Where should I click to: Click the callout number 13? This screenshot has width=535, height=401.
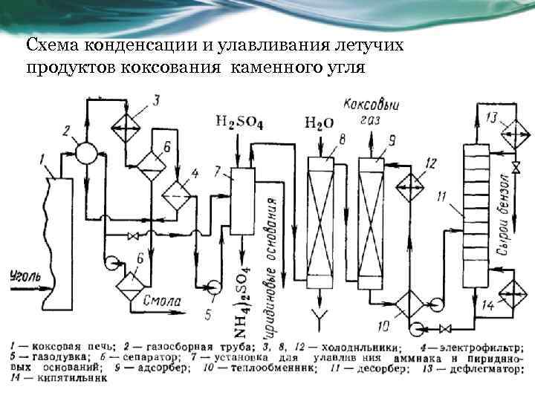[x=492, y=117]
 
